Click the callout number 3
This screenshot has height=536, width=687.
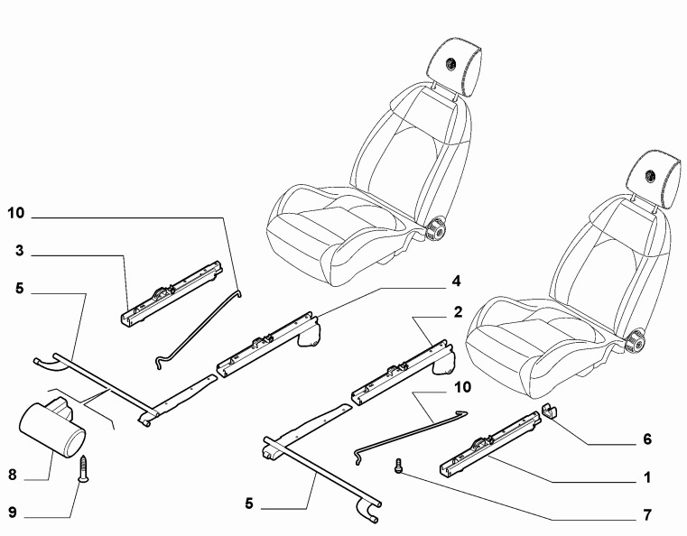point(18,254)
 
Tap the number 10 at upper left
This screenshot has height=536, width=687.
point(15,215)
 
